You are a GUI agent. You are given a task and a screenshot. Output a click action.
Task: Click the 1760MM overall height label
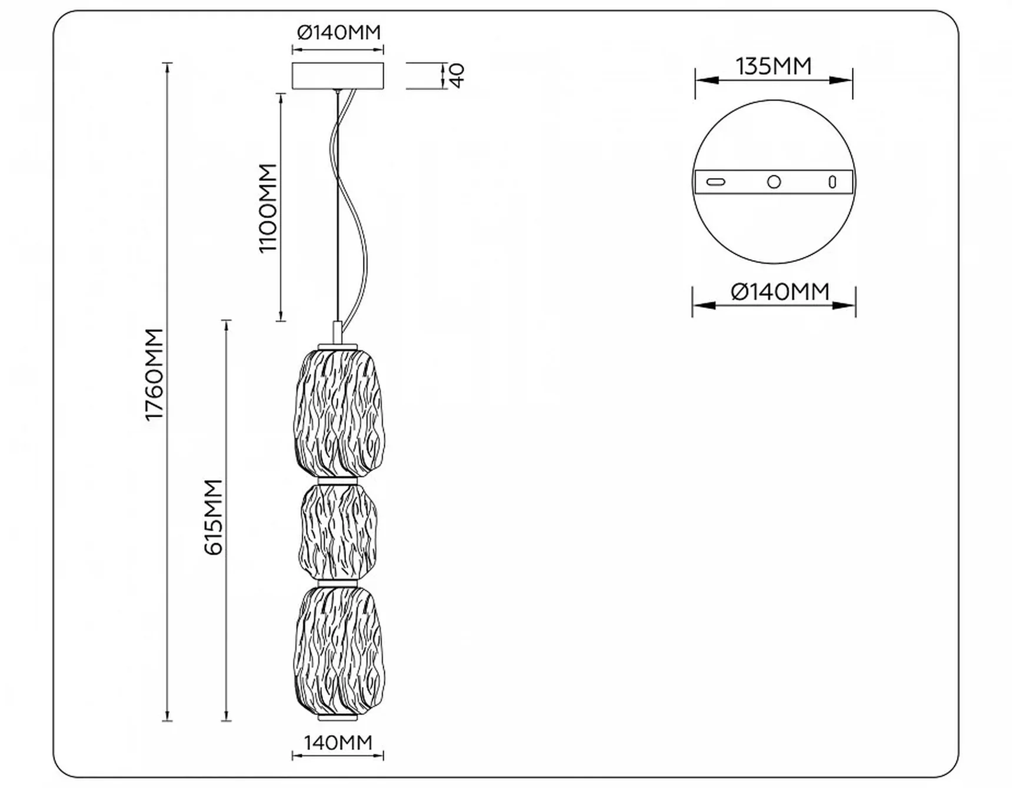pos(154,374)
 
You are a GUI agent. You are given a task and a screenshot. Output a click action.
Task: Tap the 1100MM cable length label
pos(268,208)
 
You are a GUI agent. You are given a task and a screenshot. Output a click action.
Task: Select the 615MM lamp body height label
pos(213,517)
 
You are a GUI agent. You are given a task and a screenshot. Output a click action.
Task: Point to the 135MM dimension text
pos(774,66)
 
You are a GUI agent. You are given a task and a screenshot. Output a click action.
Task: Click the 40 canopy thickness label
pos(457,76)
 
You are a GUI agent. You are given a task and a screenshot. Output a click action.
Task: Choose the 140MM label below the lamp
pos(338,743)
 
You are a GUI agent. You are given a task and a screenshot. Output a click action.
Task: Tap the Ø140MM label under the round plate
pos(780,291)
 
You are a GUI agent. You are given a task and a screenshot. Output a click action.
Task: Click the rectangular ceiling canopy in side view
pos(338,76)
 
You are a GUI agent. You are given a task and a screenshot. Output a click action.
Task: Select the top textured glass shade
pos(338,413)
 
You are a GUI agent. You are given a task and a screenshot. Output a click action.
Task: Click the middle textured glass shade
pos(338,532)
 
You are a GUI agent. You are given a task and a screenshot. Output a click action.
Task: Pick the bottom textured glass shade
pos(338,650)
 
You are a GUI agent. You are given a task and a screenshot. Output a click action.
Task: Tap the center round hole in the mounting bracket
pos(774,182)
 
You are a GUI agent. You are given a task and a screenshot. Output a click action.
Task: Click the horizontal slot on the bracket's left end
pos(715,182)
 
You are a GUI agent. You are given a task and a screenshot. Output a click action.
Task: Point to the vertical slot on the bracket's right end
pos(832,182)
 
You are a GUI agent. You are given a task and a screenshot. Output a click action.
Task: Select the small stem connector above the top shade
pos(338,332)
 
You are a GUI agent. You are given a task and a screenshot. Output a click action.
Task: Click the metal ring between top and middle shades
pos(338,481)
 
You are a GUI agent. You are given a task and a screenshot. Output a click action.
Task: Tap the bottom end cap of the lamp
pos(338,719)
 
